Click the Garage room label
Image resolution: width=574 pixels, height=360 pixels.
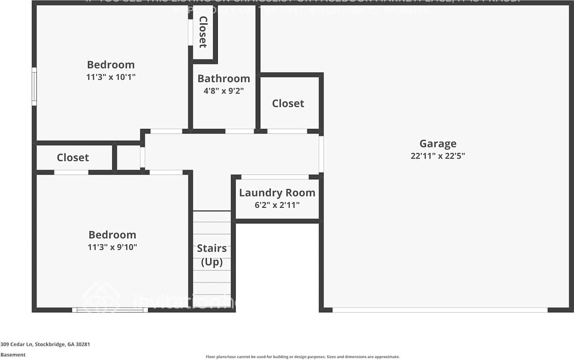(438, 143)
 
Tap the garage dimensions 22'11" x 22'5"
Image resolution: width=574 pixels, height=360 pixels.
(438, 156)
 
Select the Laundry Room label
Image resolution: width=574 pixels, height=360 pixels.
(277, 193)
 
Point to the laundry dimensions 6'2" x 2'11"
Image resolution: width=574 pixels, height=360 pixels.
(277, 205)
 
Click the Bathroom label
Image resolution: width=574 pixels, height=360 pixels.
(223, 78)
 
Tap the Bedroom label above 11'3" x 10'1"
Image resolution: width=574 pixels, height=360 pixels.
(111, 65)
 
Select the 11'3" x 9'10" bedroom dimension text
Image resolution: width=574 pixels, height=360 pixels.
(112, 247)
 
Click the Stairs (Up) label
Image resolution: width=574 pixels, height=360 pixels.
(212, 255)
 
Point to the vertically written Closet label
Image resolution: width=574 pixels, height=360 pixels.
(203, 32)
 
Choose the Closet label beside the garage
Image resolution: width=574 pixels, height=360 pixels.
(288, 104)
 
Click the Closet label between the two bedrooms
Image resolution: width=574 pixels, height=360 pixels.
(73, 158)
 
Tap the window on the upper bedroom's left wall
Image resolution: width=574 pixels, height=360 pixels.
(34, 87)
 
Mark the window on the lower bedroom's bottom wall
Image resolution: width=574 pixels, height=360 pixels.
(110, 310)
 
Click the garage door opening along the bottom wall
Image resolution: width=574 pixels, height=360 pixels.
(439, 310)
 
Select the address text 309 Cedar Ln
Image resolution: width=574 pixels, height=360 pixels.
(45, 345)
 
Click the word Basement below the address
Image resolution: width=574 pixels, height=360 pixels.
(13, 355)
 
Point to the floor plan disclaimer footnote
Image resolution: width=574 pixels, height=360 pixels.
(302, 357)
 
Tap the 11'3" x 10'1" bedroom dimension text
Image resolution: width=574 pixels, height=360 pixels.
(111, 77)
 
